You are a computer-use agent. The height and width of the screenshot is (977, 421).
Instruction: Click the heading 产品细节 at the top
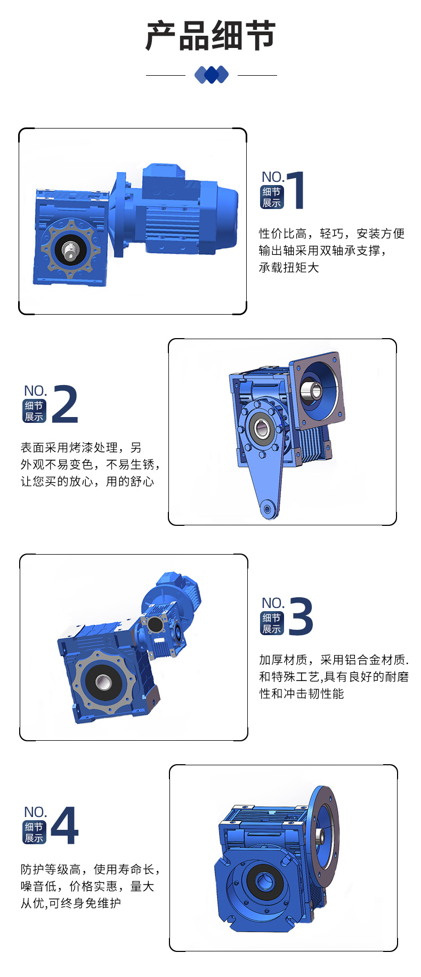coord(210,36)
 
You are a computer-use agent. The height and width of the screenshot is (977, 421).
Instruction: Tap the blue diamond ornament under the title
coord(212,75)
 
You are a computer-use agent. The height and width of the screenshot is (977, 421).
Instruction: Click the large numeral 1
coord(296,190)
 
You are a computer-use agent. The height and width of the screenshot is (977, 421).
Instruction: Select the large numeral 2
coord(65,404)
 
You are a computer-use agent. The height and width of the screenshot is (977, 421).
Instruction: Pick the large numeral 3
coord(301,616)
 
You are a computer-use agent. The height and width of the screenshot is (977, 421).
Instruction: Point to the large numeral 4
coord(65,825)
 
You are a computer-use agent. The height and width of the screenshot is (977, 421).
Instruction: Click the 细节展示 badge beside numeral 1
coord(272,197)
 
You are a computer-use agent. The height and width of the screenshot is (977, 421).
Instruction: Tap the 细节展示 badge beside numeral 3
coord(272,623)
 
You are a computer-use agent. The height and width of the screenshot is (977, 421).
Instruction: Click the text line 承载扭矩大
coord(289,268)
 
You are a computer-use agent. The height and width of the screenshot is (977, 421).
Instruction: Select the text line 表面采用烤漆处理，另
coord(81,447)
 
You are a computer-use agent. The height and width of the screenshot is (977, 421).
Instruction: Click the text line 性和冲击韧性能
coord(302,694)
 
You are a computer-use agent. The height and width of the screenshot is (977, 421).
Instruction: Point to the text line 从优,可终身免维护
coord(71,903)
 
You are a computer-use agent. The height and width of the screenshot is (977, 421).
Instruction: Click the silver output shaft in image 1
coord(69,250)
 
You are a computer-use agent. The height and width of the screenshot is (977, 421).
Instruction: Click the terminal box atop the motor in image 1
coord(163,177)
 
